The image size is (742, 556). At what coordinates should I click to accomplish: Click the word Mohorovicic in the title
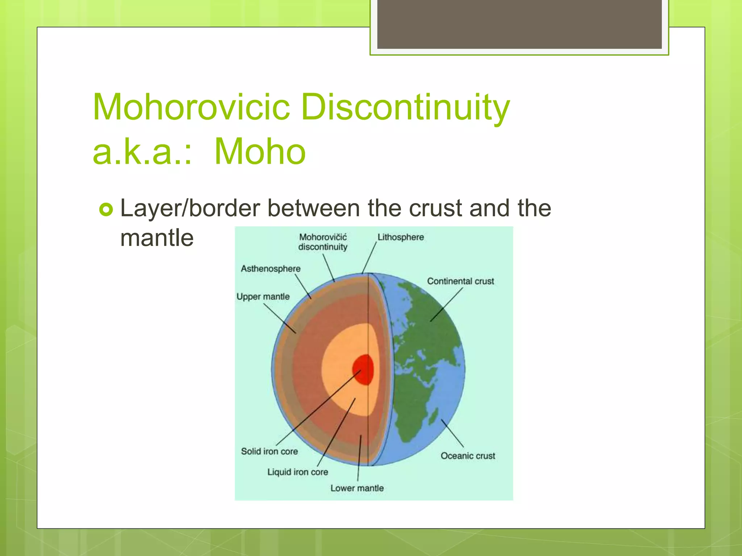coord(191,107)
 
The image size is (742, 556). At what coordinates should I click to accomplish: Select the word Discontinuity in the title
coord(405,107)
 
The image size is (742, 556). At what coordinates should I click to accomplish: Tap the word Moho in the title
coord(260,152)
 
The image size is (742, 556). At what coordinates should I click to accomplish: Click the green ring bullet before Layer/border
coord(106,209)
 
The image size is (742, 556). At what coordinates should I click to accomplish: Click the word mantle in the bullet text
coord(157,238)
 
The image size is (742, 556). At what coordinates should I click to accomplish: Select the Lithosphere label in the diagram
coord(400,237)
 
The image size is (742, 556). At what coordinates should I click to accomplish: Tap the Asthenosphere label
coord(271,269)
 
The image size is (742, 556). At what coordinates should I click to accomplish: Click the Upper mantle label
coord(263,296)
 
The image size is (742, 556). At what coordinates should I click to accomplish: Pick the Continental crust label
coord(460,281)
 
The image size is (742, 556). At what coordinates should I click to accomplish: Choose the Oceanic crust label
coord(467,456)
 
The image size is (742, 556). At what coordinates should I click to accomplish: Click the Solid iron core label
coord(269,451)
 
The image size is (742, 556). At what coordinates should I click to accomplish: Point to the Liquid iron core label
coord(297,472)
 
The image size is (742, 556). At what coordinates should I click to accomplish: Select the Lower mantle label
coord(357,488)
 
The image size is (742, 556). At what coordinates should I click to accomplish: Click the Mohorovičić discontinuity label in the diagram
coord(322,242)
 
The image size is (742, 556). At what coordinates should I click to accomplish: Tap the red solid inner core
coord(363,369)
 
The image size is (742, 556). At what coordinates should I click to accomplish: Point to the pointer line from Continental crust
coord(446,304)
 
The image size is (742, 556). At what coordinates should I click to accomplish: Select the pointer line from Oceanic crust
coord(452,433)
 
